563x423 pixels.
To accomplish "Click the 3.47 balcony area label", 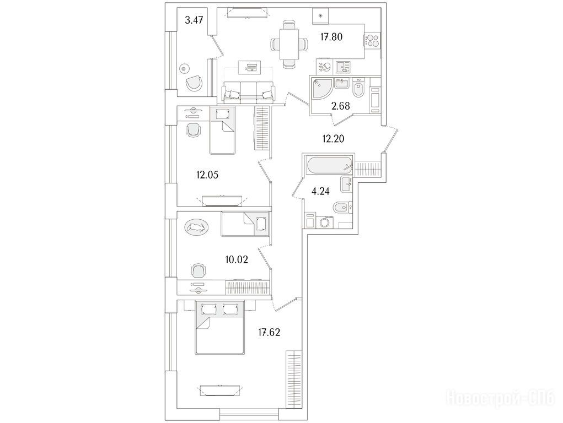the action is [x=194, y=20].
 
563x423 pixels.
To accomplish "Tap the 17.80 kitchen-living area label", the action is [x=331, y=36].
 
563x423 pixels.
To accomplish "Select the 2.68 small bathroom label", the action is [x=340, y=106].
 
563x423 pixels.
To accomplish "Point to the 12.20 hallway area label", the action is [x=333, y=138].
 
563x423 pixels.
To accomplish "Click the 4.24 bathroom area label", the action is [x=320, y=191].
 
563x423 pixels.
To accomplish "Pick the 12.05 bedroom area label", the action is [x=207, y=175].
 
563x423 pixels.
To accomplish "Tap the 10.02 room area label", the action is [x=237, y=259].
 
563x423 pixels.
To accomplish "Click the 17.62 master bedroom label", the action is [x=269, y=333].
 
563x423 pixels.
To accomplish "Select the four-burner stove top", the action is [x=372, y=40].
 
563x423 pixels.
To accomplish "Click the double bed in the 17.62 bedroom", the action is [x=220, y=327].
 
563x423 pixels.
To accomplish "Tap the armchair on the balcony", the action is [x=195, y=83].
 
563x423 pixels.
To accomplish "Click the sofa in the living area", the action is [x=249, y=92].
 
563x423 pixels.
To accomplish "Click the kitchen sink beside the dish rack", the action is [x=344, y=67].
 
